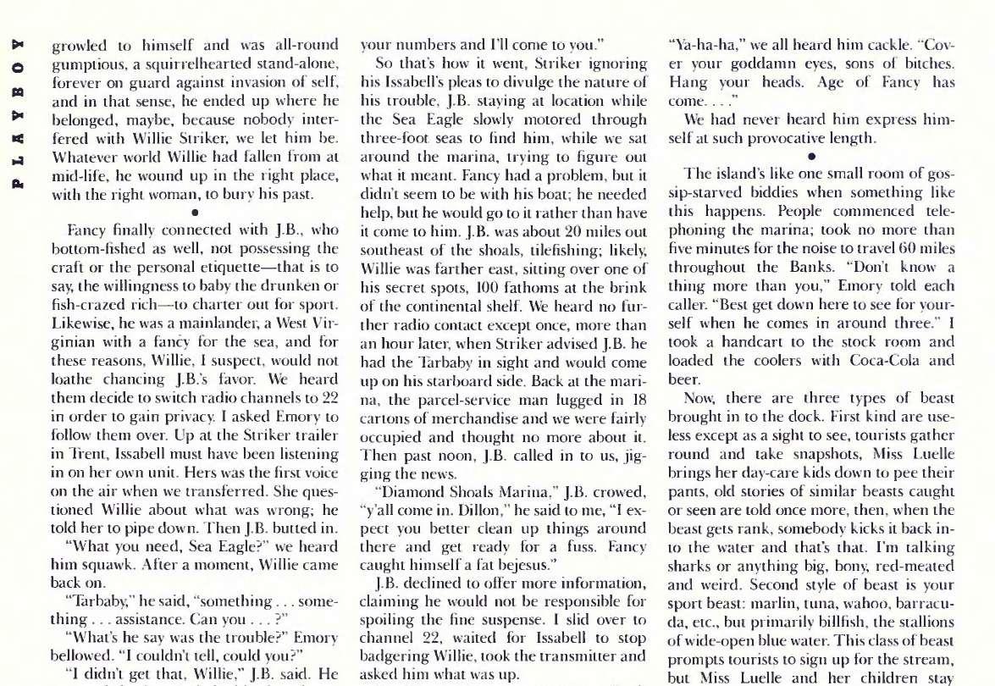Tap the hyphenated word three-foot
(x=394, y=138)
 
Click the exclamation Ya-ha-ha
(x=703, y=47)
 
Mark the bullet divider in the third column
(x=811, y=156)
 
